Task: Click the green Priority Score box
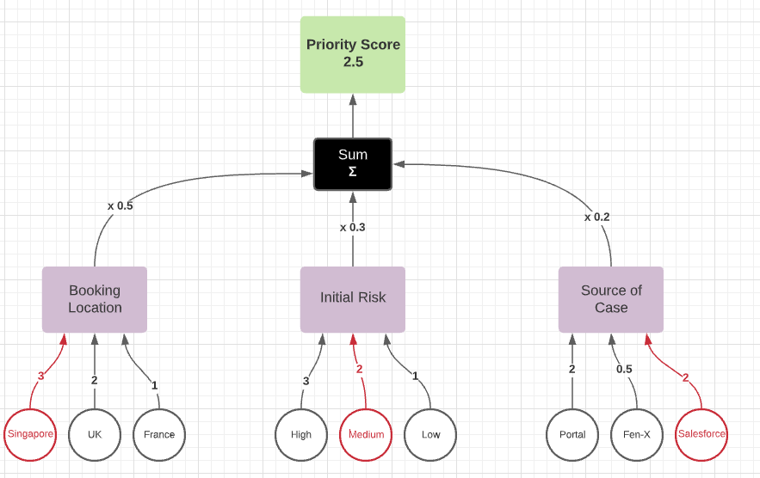click(353, 54)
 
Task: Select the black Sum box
click(353, 163)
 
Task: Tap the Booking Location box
click(95, 299)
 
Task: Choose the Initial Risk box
click(353, 298)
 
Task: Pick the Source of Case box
click(611, 299)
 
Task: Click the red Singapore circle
click(30, 434)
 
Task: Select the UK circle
click(95, 434)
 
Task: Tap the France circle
click(159, 434)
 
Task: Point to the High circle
click(301, 434)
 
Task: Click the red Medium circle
click(366, 434)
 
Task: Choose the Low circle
click(430, 434)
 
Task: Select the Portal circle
click(572, 434)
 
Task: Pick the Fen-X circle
click(637, 434)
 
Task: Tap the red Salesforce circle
click(701, 434)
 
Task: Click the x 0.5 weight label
click(120, 206)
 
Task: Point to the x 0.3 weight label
click(352, 227)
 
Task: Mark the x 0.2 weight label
click(596, 217)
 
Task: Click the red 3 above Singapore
click(40, 376)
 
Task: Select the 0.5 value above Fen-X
click(624, 369)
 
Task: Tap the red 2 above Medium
click(360, 369)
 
